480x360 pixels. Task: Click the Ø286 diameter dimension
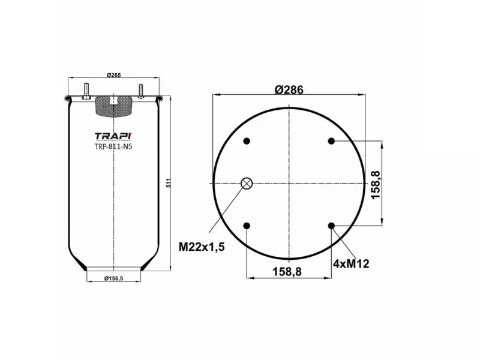click(x=289, y=89)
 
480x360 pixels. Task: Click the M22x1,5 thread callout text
click(x=201, y=245)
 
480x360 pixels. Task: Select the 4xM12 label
click(x=350, y=263)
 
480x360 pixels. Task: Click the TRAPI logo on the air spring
click(x=113, y=136)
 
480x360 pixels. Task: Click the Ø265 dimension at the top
click(x=114, y=74)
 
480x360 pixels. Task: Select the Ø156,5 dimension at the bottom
click(x=114, y=278)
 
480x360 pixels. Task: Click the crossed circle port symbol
click(x=247, y=184)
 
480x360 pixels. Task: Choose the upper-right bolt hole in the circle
click(x=331, y=141)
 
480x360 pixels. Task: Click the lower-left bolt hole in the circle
click(x=247, y=226)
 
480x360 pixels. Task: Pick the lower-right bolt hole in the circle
click(x=331, y=226)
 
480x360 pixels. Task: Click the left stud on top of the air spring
click(x=86, y=90)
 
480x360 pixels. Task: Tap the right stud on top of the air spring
click(x=142, y=90)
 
